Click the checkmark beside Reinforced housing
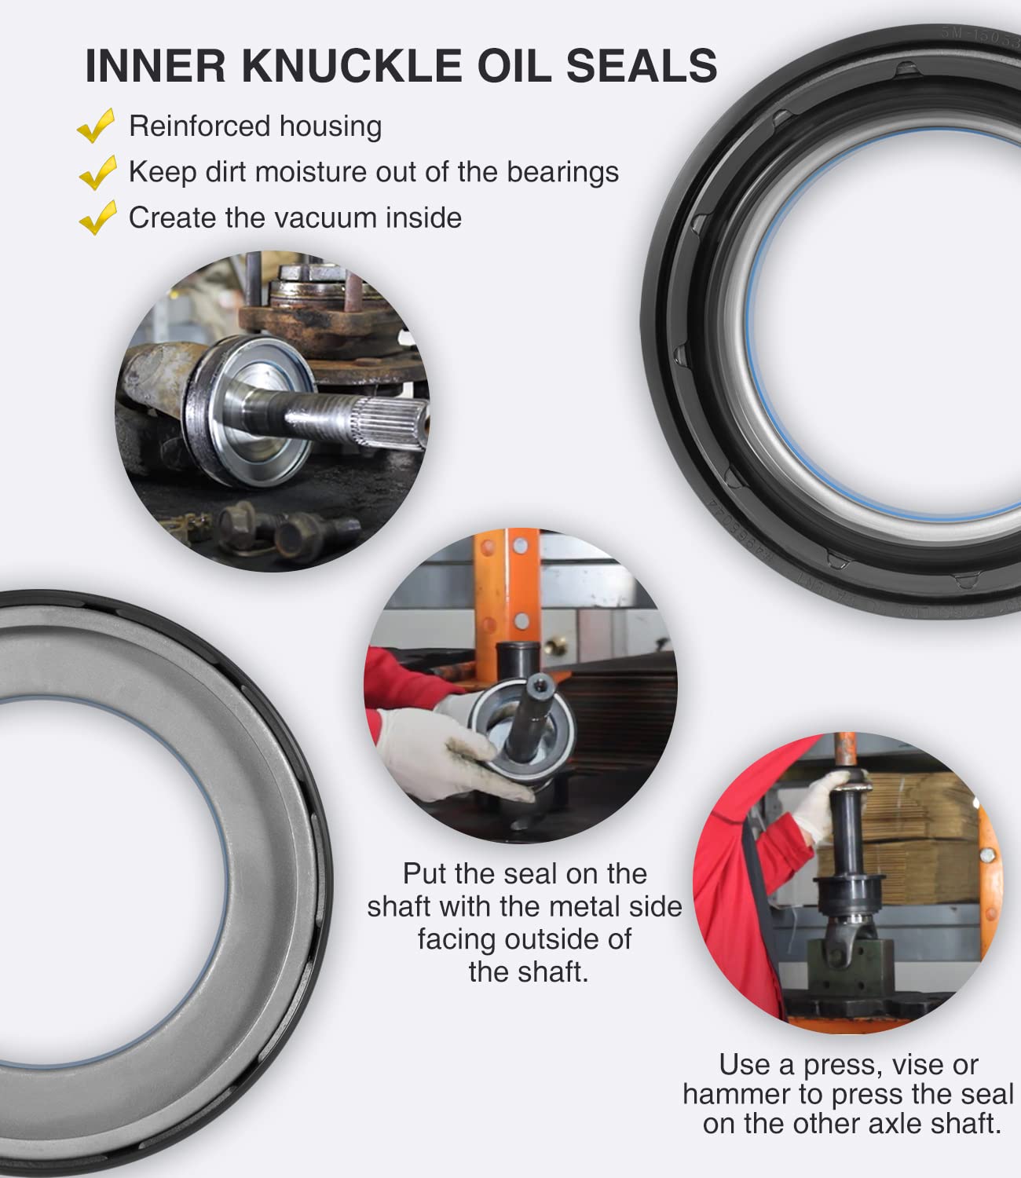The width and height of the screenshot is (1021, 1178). point(97,126)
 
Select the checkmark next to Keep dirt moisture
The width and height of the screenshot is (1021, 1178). point(98,172)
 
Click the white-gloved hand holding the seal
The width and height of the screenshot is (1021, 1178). point(440,754)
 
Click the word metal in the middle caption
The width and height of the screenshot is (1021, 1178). point(580,906)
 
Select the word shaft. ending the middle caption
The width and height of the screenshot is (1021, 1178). point(528,972)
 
